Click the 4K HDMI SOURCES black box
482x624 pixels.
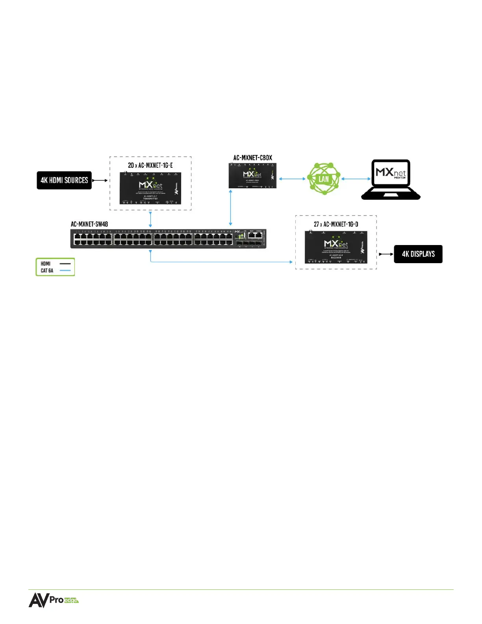pos(64,180)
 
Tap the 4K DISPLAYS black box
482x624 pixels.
pos(418,254)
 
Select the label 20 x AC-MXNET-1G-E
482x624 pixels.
pos(150,165)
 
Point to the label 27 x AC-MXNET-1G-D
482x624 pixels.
pos(336,224)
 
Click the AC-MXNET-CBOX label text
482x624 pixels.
pos(253,158)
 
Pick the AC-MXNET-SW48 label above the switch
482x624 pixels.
pos(89,224)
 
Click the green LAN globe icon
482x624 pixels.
pos(324,179)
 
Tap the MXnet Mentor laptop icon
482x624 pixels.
pos(391,180)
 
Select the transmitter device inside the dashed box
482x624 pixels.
pos(150,188)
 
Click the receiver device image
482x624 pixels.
pos(336,247)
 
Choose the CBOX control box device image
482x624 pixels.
pos(253,176)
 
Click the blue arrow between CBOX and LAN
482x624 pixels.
pos(292,179)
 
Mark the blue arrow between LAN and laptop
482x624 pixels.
pos(356,179)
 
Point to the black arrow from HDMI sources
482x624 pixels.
pos(100,180)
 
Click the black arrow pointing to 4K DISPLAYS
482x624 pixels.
pos(386,254)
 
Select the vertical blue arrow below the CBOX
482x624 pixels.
pos(231,207)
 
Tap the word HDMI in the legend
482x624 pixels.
pos(46,264)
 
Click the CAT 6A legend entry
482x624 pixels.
pos(47,271)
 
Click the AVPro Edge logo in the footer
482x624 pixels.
pos(54,600)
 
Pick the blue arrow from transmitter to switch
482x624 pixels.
pos(150,219)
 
